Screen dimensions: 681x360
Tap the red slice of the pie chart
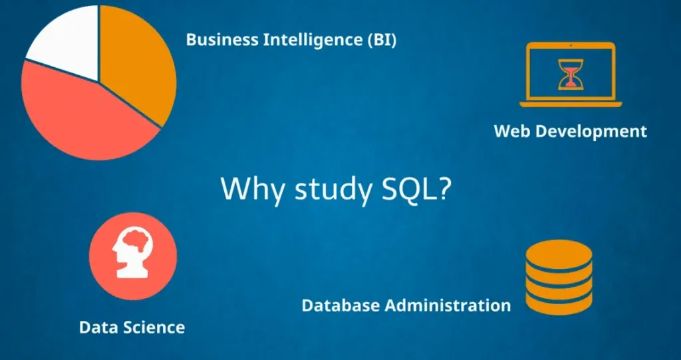point(82,117)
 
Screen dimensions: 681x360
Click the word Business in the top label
point(222,40)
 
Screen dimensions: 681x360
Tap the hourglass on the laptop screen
point(571,75)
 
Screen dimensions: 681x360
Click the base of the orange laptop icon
point(571,104)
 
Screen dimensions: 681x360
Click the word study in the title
point(333,189)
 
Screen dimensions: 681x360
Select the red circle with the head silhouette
point(133,256)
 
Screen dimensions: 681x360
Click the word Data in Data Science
point(98,327)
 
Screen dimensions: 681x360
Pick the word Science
point(153,327)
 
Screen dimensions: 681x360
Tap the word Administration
point(448,305)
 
